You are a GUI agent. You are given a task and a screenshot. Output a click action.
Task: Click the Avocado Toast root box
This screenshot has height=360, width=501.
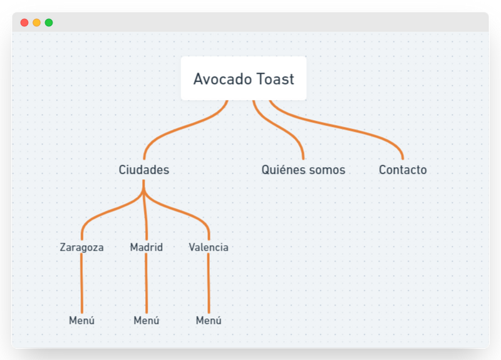click(244, 79)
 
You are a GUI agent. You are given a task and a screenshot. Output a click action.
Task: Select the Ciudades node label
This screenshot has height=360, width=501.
click(143, 170)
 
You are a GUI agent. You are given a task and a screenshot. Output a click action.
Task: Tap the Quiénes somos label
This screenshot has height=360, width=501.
click(303, 170)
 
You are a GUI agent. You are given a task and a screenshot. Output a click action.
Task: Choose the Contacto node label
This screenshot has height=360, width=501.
click(403, 170)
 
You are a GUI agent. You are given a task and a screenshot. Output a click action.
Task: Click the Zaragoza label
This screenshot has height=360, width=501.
click(81, 247)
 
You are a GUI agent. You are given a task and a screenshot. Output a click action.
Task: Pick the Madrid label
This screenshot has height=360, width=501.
click(146, 247)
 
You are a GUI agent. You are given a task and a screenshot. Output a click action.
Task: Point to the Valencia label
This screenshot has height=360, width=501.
click(209, 247)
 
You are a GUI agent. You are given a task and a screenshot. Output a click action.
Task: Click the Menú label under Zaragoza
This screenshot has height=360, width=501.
click(81, 321)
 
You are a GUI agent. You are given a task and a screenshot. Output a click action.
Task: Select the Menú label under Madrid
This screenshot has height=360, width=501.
click(146, 321)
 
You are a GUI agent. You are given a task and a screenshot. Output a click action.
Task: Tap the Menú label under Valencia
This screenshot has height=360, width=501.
click(209, 321)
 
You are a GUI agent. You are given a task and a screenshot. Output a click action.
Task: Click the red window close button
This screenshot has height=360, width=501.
click(24, 23)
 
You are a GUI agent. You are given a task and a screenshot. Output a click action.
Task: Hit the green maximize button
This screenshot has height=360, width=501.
click(49, 23)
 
